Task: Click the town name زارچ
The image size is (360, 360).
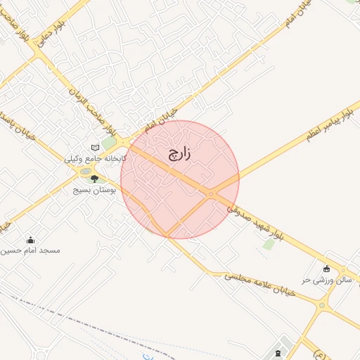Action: (x=181, y=155)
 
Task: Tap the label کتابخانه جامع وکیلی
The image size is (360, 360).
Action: (x=96, y=159)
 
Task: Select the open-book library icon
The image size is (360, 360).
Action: (x=96, y=148)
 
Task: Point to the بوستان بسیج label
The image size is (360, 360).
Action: (x=94, y=190)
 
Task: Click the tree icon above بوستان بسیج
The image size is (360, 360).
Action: (x=94, y=179)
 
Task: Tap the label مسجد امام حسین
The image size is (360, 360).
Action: (x=31, y=250)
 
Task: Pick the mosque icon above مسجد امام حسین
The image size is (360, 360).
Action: (x=30, y=240)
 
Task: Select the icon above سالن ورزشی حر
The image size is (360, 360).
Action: (x=326, y=269)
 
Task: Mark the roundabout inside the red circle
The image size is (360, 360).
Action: (x=210, y=194)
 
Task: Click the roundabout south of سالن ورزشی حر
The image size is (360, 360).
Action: (x=322, y=305)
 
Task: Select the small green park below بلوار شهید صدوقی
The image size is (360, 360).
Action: (x=269, y=245)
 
